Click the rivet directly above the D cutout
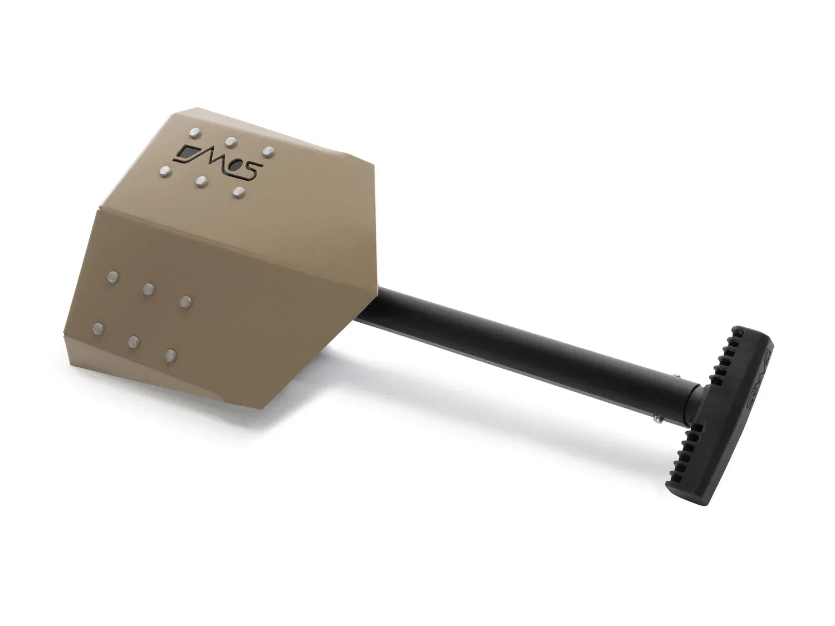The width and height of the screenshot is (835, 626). point(194,132)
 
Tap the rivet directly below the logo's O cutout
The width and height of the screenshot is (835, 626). point(239,192)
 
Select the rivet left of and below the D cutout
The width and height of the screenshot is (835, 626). point(165,170)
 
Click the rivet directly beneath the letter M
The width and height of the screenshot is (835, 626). point(202,181)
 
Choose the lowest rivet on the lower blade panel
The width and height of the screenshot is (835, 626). point(170,355)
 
